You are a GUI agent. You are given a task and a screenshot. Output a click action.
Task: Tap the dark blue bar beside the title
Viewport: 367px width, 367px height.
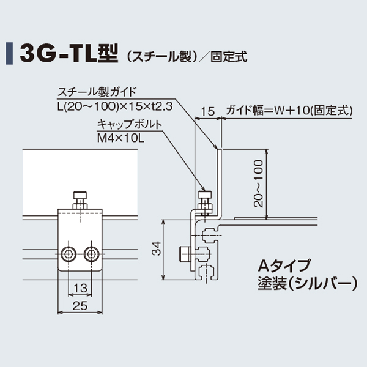(x=9, y=54)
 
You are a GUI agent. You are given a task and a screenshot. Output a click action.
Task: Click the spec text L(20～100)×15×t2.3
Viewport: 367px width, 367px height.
(x=114, y=106)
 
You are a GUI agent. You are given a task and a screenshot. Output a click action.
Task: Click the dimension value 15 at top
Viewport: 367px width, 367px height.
(x=207, y=111)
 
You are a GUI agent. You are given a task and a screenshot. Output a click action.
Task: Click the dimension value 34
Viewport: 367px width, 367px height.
(x=157, y=248)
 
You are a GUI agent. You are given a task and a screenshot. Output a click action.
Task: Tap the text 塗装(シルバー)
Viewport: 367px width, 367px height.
(x=306, y=283)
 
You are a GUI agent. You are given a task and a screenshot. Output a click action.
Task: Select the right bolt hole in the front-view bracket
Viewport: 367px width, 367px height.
(x=91, y=253)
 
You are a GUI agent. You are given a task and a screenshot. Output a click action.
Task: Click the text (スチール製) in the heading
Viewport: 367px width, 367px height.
(x=159, y=57)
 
